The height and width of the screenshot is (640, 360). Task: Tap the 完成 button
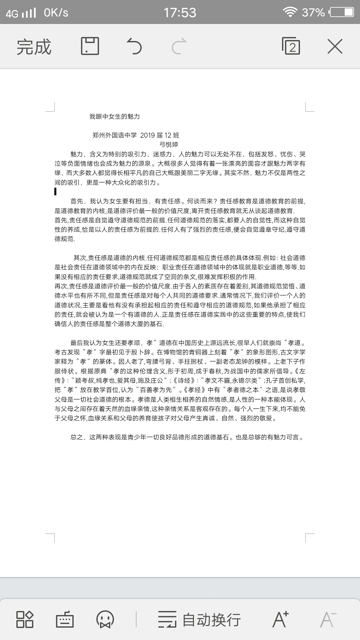click(34, 47)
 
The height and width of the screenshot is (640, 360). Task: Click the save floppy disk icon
click(90, 46)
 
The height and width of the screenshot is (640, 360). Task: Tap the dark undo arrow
click(134, 46)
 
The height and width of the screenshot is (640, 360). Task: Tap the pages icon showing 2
click(291, 46)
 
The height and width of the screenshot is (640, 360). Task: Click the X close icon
click(335, 46)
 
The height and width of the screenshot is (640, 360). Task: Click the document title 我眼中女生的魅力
click(114, 116)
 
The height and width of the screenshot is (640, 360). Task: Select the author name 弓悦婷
click(169, 144)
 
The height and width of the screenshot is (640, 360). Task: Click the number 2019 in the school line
click(147, 135)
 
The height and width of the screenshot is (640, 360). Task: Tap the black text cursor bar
click(55, 191)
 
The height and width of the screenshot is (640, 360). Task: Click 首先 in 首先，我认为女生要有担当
click(77, 201)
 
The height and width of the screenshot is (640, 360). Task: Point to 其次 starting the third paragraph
click(80, 258)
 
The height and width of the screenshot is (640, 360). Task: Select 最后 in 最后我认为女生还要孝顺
click(77, 343)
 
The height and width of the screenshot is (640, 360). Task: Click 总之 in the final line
click(77, 437)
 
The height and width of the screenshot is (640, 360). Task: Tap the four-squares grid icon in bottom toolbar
click(25, 620)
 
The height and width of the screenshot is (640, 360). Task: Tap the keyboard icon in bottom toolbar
click(65, 620)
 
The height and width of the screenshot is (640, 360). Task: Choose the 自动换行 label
click(211, 620)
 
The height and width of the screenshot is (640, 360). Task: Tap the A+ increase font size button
click(280, 619)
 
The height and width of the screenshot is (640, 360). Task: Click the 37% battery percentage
click(313, 13)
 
